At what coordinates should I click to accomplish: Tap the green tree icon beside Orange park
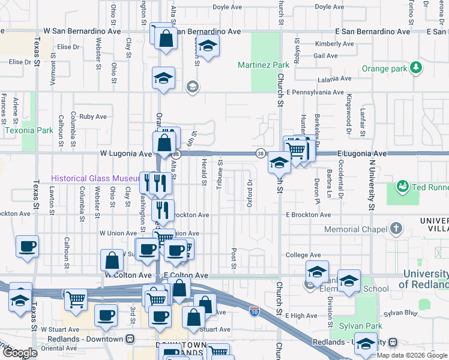[415, 68]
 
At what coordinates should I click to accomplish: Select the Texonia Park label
[29, 130]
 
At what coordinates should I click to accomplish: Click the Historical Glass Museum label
[95, 178]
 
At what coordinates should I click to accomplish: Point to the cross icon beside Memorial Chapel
[396, 229]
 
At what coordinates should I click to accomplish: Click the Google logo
[20, 353]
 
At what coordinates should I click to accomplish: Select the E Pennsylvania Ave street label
[315, 93]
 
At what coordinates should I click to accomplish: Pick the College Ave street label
[304, 254]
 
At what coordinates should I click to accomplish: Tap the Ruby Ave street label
[92, 116]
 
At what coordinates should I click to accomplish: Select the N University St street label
[372, 184]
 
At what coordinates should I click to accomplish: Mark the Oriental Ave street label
[59, 348]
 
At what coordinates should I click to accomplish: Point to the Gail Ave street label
[325, 55]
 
